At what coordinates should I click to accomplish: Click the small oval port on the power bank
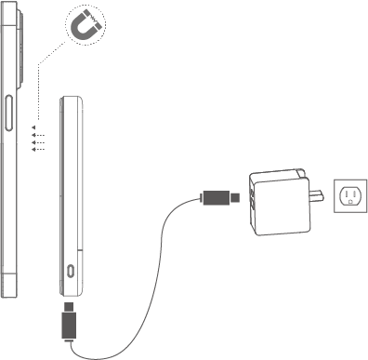click(72, 271)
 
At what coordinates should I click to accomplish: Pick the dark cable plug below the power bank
click(68, 322)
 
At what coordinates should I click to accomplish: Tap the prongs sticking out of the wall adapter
click(317, 196)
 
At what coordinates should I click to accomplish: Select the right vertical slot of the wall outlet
click(355, 193)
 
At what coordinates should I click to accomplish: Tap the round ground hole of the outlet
click(350, 203)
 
